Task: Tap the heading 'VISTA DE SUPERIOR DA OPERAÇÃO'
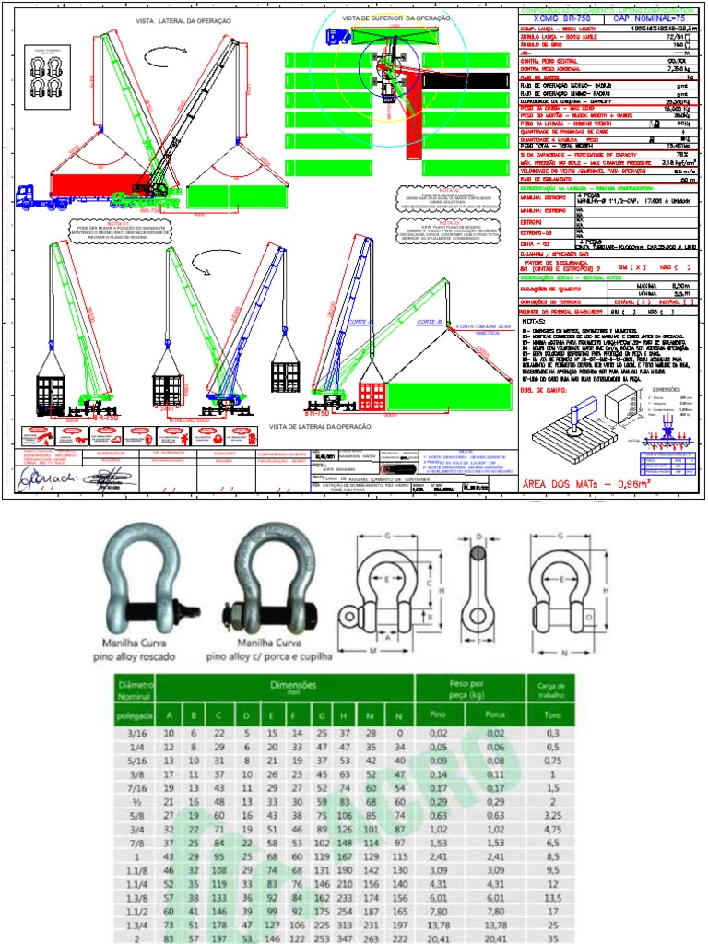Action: tap(396, 18)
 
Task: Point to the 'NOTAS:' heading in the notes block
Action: tap(535, 321)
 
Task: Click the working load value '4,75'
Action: tap(549, 830)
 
